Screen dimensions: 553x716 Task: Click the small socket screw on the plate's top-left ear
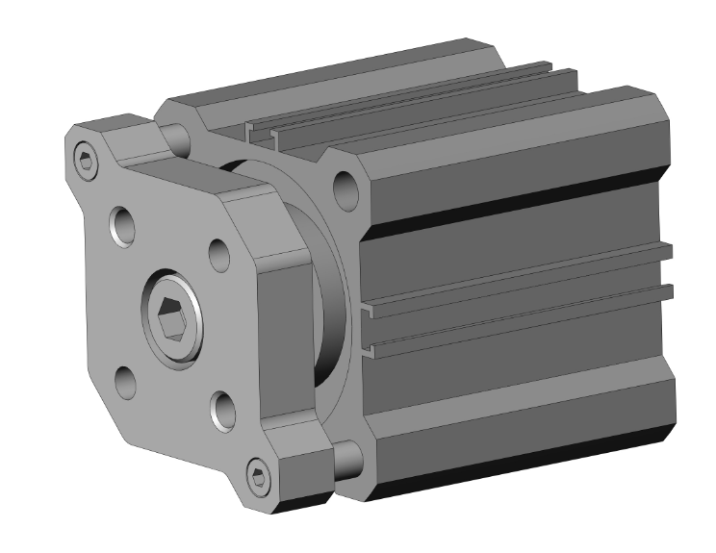coord(88,162)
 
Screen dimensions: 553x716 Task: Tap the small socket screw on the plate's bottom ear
coord(257,475)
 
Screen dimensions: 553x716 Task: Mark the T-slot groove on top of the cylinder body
coord(404,114)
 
